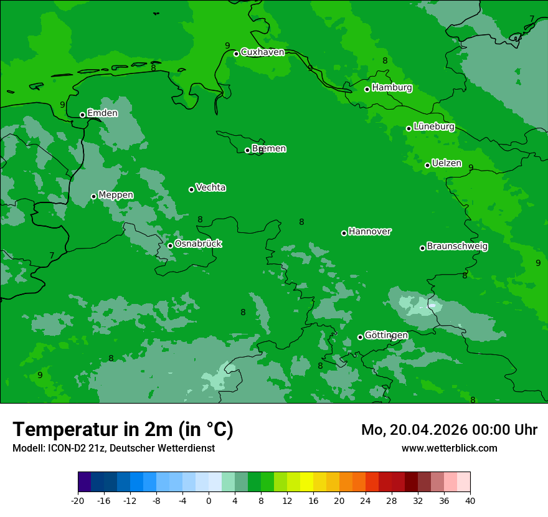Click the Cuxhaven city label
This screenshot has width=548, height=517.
click(262, 52)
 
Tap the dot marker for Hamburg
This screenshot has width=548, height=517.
click(367, 89)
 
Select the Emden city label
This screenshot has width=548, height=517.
click(102, 113)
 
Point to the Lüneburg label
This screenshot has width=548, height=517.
click(433, 126)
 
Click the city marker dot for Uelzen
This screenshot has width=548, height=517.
click(428, 165)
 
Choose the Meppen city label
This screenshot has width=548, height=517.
click(116, 195)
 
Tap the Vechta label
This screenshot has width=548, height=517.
click(210, 187)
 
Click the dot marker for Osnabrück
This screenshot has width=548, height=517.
click(170, 245)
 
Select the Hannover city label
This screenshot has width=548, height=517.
click(370, 232)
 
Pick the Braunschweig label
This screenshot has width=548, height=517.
click(457, 247)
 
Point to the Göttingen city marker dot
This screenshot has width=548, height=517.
click(360, 337)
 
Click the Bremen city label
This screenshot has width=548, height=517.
click(269, 149)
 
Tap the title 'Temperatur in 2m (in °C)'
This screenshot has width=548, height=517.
click(123, 430)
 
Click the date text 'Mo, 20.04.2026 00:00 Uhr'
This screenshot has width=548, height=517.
click(449, 430)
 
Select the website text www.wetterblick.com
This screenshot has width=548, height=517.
click(449, 448)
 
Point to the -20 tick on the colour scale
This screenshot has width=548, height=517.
click(78, 500)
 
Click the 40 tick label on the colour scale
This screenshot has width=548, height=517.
click(470, 500)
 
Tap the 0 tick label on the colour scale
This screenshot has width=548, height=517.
click(209, 500)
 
